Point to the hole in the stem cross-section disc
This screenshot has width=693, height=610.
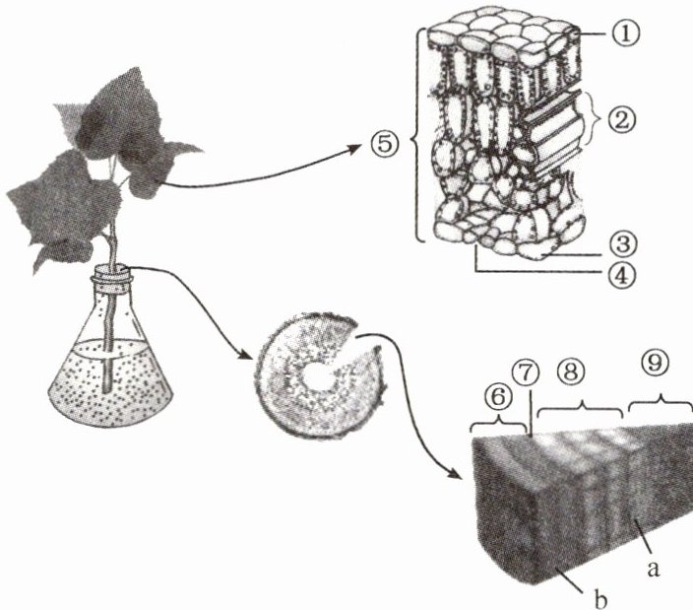pos(317,377)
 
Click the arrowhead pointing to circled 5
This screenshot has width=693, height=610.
pos(355,151)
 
